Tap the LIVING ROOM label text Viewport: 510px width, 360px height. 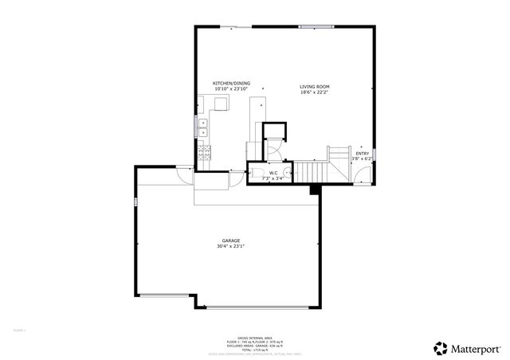[x=315, y=87]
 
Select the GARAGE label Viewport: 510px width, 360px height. [x=231, y=241]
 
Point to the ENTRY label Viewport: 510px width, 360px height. [x=363, y=154]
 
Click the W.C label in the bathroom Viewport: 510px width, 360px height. [x=273, y=173]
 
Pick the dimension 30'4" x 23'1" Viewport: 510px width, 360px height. [x=231, y=247]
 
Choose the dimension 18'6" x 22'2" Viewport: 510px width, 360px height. [x=315, y=92]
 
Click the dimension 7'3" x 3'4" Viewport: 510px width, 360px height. [x=273, y=178]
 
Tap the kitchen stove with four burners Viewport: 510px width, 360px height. [x=204, y=153]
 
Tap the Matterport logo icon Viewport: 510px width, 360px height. [x=439, y=347]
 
